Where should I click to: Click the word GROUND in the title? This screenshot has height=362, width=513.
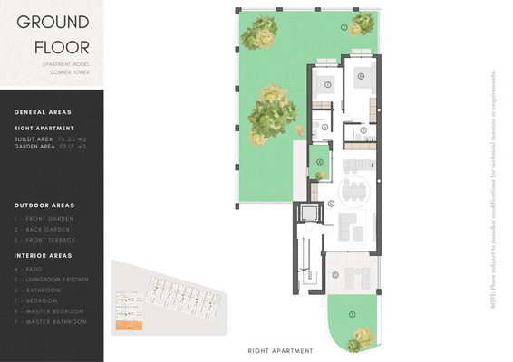click(53, 22)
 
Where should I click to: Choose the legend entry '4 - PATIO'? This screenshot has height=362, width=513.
click(35, 269)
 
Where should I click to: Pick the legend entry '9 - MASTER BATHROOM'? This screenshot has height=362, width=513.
click(51, 321)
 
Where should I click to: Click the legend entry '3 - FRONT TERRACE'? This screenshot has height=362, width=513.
click(44, 240)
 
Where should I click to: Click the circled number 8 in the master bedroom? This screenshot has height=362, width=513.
click(361, 77)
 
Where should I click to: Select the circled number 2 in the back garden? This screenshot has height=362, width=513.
click(344, 28)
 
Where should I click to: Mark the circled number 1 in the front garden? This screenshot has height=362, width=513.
click(353, 314)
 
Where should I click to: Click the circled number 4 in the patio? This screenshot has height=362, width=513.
click(319, 163)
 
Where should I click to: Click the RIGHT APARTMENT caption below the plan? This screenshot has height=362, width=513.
click(280, 350)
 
